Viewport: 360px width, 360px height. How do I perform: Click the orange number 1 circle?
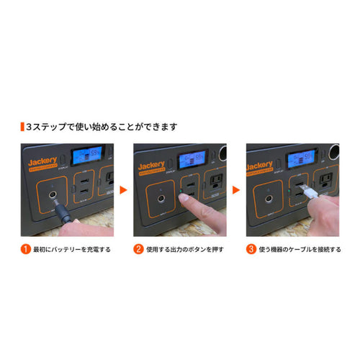click(25, 250)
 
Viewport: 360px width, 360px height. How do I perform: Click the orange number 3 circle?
click(250, 250)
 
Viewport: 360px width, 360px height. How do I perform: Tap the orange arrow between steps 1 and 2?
click(122, 192)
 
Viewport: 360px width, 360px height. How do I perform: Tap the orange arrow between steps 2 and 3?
click(235, 192)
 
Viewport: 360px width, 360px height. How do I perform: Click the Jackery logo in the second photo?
click(152, 163)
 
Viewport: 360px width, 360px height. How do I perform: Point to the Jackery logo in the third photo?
click(263, 163)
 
